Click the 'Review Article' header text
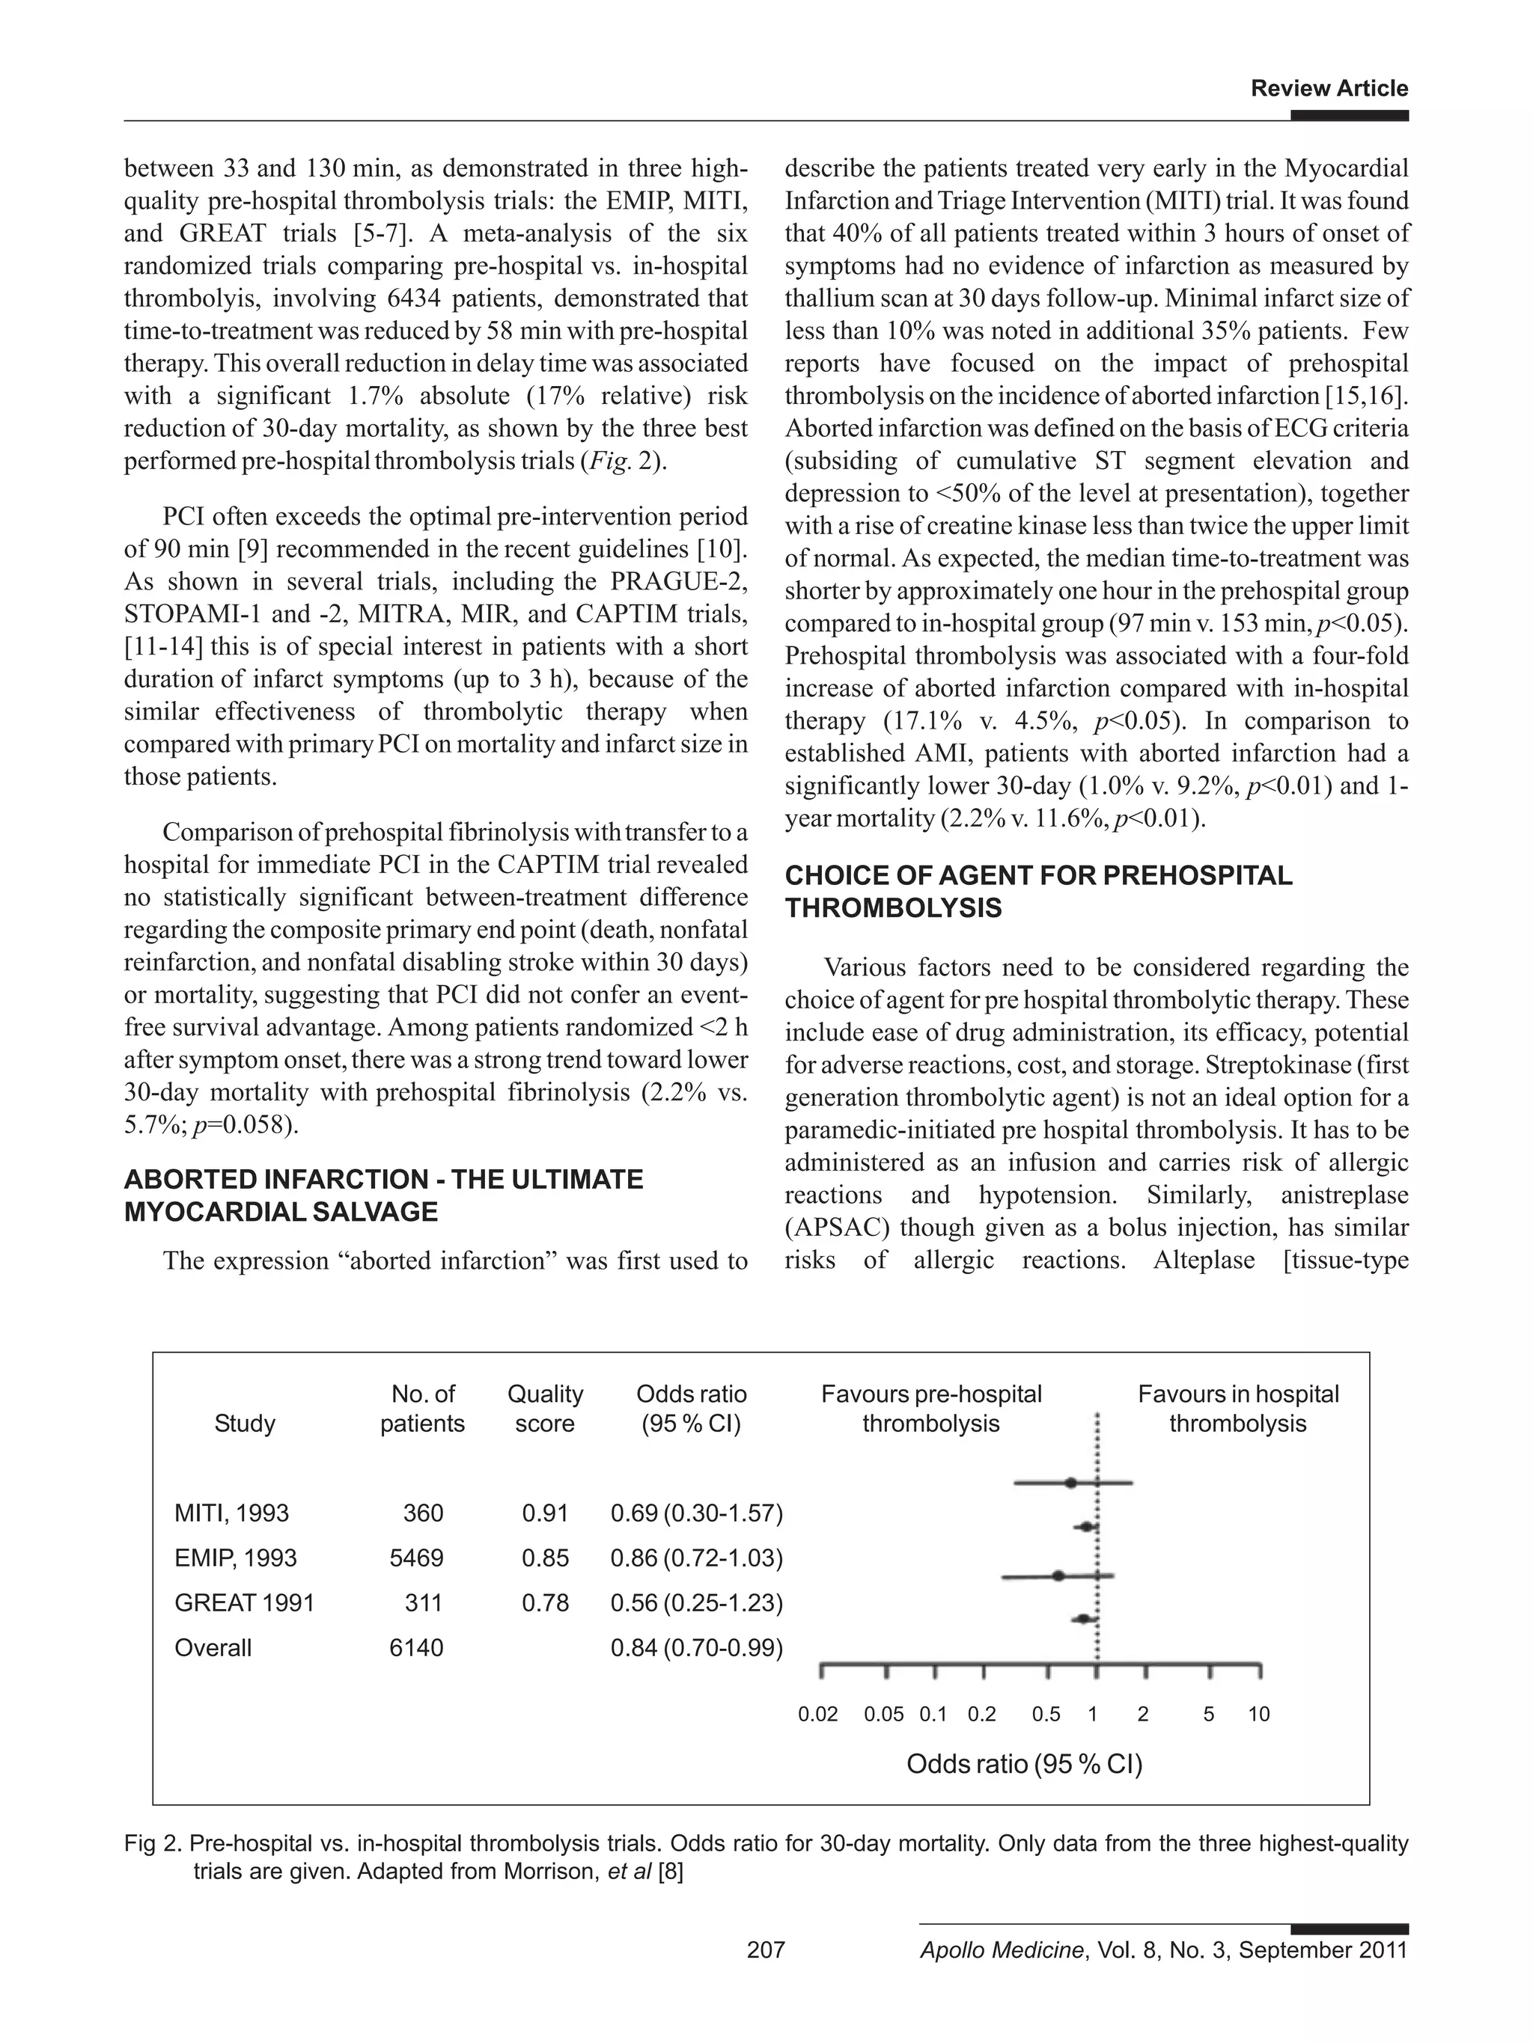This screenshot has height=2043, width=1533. [1328, 89]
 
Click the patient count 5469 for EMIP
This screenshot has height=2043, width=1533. [416, 1558]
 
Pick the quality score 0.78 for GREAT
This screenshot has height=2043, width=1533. [544, 1602]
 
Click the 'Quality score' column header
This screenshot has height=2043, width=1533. [544, 1409]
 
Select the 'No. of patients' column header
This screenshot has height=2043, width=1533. [422, 1409]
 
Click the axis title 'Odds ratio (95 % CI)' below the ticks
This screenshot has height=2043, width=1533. [1024, 1765]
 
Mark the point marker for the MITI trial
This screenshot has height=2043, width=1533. [1070, 1483]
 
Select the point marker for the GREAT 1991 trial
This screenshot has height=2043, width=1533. [1058, 1575]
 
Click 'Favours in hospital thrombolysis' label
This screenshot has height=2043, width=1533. [1237, 1409]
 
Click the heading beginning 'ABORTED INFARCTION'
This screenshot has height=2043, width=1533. [383, 1195]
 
